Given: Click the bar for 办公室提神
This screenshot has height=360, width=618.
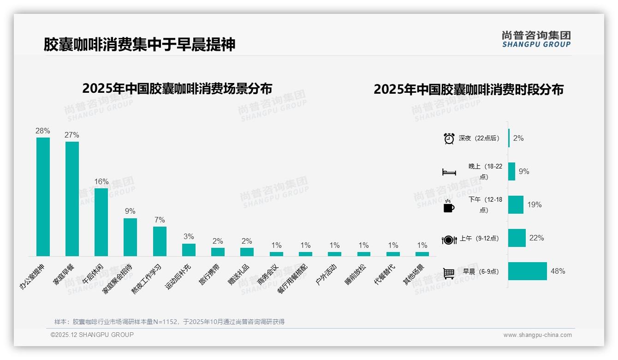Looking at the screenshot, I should pos(43,197).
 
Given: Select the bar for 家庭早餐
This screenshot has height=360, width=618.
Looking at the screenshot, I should pos(72,198).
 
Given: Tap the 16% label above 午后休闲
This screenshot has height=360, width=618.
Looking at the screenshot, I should pos(101,181).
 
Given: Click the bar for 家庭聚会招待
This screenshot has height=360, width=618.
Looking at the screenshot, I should pos(131,237).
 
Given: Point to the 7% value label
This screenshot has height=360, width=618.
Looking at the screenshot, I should pos(160,220).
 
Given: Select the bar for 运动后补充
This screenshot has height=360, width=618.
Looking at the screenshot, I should pos(189,250).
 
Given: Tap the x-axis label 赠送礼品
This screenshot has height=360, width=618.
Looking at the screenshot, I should pos(239,275).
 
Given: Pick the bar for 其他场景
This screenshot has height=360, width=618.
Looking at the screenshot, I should pos(422,254).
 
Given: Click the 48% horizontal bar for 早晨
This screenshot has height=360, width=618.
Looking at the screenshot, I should pos(527,271).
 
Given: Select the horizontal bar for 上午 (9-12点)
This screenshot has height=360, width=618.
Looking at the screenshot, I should pos(517,238).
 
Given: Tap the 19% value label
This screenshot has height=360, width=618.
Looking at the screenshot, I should pos(534,205).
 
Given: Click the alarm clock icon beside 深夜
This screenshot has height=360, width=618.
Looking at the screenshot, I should pos(449,138).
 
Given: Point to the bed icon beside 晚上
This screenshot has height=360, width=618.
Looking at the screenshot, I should pos(449,172).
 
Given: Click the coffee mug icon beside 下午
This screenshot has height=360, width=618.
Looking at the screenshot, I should pos(449,206).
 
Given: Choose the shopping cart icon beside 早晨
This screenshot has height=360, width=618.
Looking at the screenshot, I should pos(449,273).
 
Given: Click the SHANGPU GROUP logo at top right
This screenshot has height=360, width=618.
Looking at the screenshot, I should pos(536,39).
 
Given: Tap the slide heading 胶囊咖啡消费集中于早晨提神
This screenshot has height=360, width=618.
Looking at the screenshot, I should pos(139,44).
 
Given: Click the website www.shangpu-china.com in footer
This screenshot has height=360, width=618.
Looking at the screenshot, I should pos(537,335).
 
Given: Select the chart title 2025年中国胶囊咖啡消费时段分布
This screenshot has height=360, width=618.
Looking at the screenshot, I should pos(468,90).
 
